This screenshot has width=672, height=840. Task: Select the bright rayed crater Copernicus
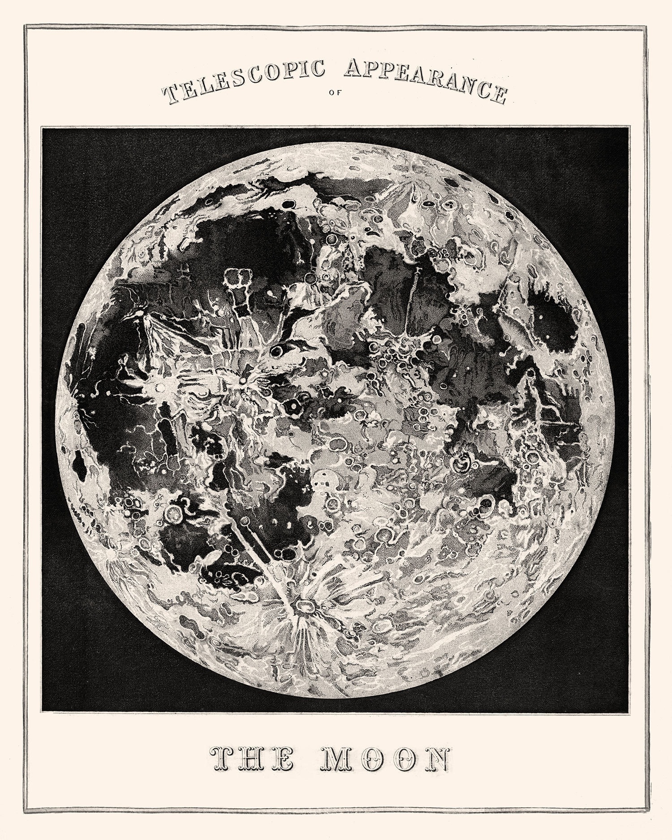(243, 381)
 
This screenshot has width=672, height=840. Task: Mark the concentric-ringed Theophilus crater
(461, 464)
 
